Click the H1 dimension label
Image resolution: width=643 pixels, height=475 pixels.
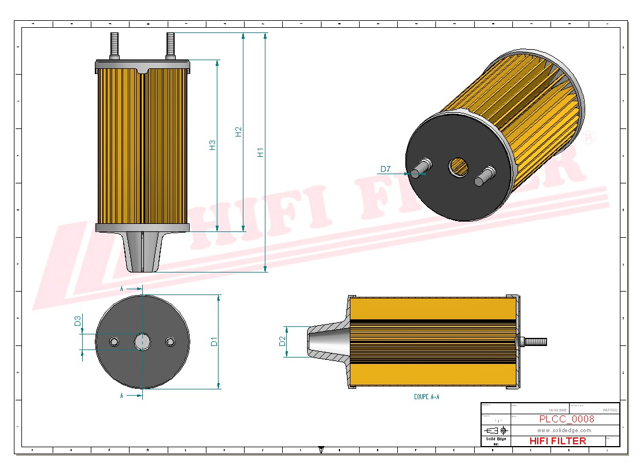point(261,152)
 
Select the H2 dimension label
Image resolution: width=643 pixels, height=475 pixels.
point(239,132)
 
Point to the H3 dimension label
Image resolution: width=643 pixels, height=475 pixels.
point(212,145)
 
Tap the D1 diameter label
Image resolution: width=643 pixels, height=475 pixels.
point(214,341)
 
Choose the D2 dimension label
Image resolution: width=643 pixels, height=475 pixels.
point(282,341)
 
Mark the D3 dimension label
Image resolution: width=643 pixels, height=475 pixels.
point(77,321)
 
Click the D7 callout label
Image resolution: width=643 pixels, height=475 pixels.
point(385,170)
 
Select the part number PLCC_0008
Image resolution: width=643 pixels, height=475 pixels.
point(566,419)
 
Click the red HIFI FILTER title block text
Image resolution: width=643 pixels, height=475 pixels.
point(557,441)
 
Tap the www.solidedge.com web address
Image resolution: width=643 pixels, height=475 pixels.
point(564,430)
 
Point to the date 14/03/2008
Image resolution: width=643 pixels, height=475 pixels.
point(557,410)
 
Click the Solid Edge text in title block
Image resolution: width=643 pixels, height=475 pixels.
point(495,439)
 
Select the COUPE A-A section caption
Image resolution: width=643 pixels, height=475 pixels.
point(426,397)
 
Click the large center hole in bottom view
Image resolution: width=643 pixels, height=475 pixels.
point(142,342)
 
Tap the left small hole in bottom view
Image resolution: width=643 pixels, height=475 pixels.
point(114,342)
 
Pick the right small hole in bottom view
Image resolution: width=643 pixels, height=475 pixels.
point(170,342)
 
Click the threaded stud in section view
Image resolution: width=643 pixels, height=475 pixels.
point(535,341)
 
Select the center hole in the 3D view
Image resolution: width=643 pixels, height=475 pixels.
point(460,167)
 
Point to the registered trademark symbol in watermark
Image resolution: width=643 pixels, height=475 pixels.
point(588,138)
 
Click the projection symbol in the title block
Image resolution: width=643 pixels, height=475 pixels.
point(496,430)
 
